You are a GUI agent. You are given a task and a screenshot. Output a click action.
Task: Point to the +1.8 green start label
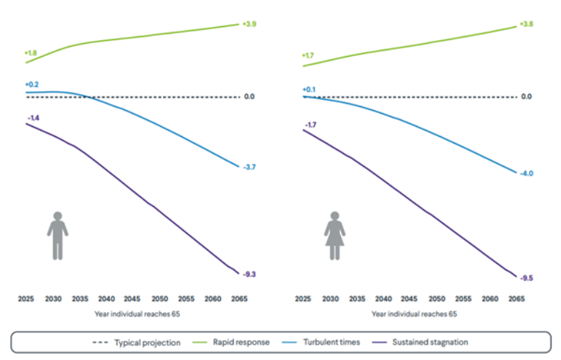(31, 53)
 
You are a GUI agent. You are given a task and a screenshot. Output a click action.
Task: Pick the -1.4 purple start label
(34, 117)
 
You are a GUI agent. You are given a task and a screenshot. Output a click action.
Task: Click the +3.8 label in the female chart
(526, 24)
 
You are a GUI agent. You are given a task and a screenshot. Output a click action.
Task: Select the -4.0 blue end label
(526, 173)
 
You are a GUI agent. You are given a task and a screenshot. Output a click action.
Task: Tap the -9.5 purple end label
(526, 278)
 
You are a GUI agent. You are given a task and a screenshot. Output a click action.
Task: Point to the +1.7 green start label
(308, 55)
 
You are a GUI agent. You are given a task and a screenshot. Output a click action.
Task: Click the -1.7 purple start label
(310, 125)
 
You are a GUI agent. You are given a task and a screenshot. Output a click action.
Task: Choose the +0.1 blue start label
(308, 89)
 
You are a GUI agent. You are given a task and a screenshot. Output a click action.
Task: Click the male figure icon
(58, 235)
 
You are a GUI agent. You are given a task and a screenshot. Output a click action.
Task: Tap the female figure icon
(334, 235)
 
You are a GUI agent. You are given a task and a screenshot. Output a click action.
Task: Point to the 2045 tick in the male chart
(133, 299)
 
